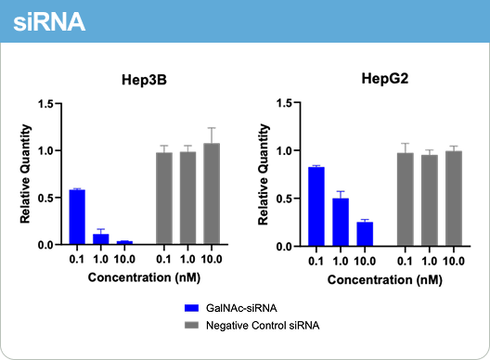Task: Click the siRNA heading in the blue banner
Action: pos(51,21)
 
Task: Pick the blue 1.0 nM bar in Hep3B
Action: pos(102,238)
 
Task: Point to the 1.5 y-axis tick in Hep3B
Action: pos(45,103)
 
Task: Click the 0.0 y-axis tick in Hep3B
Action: pos(45,245)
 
